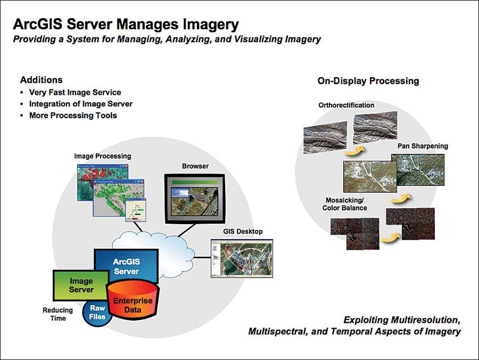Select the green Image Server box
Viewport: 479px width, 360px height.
pyautogui.click(x=81, y=285)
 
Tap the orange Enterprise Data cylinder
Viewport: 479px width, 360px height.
pyautogui.click(x=133, y=301)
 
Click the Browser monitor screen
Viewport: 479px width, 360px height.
pyautogui.click(x=195, y=199)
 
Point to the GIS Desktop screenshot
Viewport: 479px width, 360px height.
pyautogui.click(x=242, y=258)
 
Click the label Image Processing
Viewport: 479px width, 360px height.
pyautogui.click(x=103, y=156)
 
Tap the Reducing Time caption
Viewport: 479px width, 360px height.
pyautogui.click(x=57, y=314)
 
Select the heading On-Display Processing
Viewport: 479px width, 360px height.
pyautogui.click(x=368, y=81)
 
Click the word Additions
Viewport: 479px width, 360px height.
pyautogui.click(x=41, y=80)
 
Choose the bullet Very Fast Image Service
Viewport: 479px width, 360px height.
pyautogui.click(x=75, y=92)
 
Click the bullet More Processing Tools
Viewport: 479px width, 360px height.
pyautogui.click(x=73, y=116)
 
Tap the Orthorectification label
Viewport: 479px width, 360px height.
pyautogui.click(x=346, y=105)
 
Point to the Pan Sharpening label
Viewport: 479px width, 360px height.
pyautogui.click(x=423, y=146)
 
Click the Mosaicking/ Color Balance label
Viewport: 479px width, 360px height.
pyautogui.click(x=344, y=204)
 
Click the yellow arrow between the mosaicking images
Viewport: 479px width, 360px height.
pyautogui.click(x=391, y=236)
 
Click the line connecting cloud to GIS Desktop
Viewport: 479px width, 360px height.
pyautogui.click(x=202, y=257)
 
